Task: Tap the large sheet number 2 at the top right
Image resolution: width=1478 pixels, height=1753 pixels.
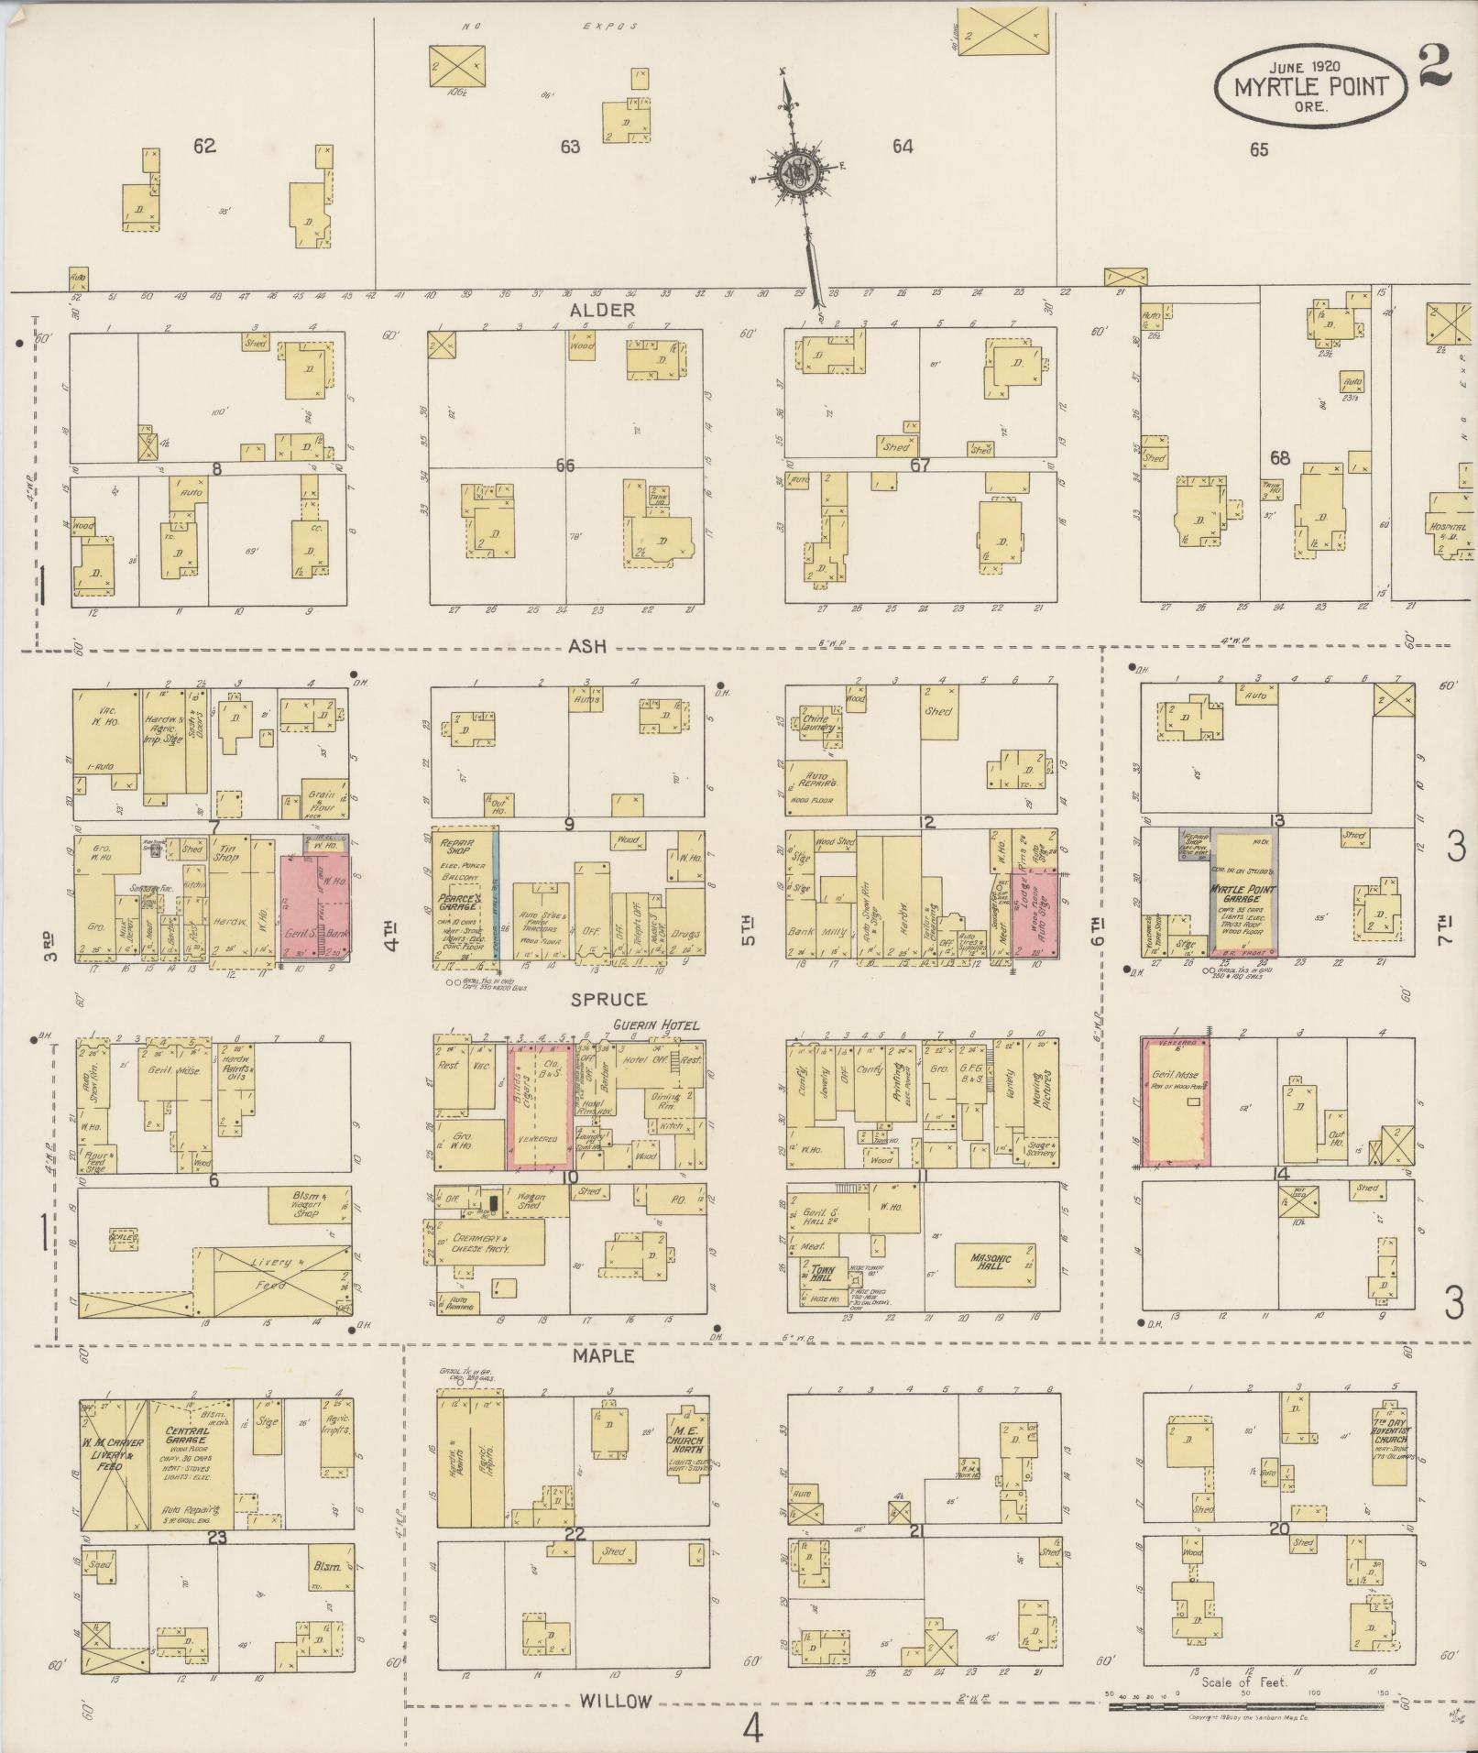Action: pyautogui.click(x=1435, y=66)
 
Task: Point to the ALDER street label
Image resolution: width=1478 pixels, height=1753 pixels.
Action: pyautogui.click(x=602, y=311)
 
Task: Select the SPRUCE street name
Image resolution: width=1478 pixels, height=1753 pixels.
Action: pyautogui.click(x=609, y=1000)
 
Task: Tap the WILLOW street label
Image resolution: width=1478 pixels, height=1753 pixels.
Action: pyautogui.click(x=616, y=1701)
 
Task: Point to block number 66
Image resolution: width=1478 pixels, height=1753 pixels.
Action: pyautogui.click(x=564, y=466)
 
